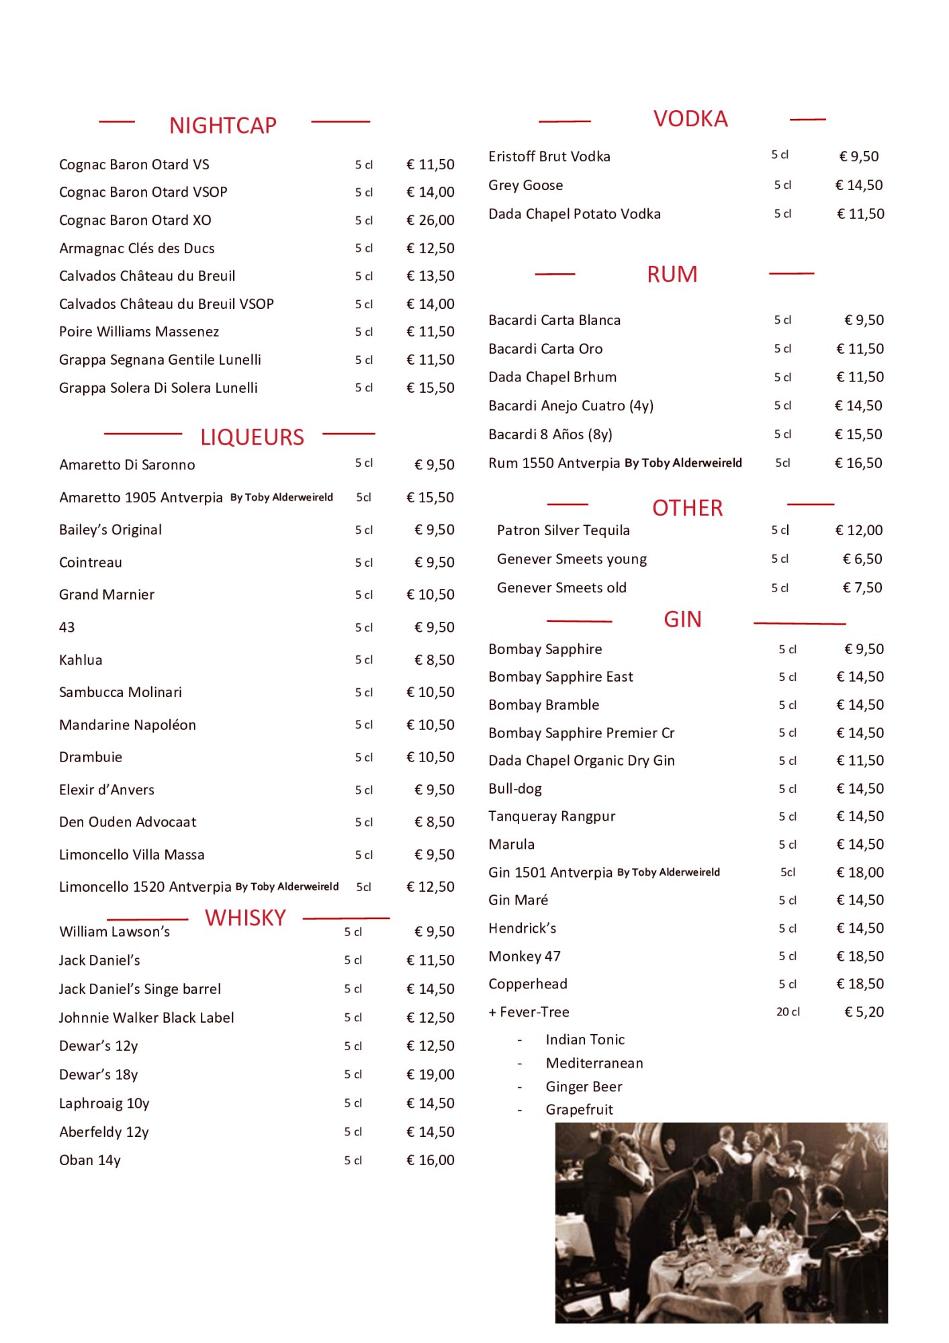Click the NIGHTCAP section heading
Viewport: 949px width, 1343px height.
coord(222,126)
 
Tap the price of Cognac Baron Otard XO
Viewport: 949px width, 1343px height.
coord(431,220)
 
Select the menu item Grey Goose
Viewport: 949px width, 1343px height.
coord(526,185)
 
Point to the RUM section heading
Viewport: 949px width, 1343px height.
coord(672,274)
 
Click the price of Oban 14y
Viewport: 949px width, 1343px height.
coord(431,1160)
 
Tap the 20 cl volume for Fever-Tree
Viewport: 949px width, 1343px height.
coord(788,1011)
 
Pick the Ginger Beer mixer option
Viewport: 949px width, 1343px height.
coord(584,1086)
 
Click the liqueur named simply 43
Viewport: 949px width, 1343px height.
coord(67,627)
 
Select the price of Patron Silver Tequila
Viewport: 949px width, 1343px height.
coord(858,530)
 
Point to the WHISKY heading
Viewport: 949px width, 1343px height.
coord(245,917)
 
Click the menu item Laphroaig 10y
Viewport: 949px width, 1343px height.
coord(104,1103)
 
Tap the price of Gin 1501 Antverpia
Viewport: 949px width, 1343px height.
coord(860,872)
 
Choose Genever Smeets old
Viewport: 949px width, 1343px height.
coord(561,588)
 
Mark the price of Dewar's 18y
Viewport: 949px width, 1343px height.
coord(431,1074)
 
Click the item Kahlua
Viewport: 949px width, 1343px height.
coord(81,659)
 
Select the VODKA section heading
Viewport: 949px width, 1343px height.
coord(690,119)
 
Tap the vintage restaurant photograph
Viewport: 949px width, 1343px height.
coord(721,1222)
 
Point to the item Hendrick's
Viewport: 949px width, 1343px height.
coord(523,928)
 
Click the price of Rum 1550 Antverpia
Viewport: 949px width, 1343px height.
coord(858,463)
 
